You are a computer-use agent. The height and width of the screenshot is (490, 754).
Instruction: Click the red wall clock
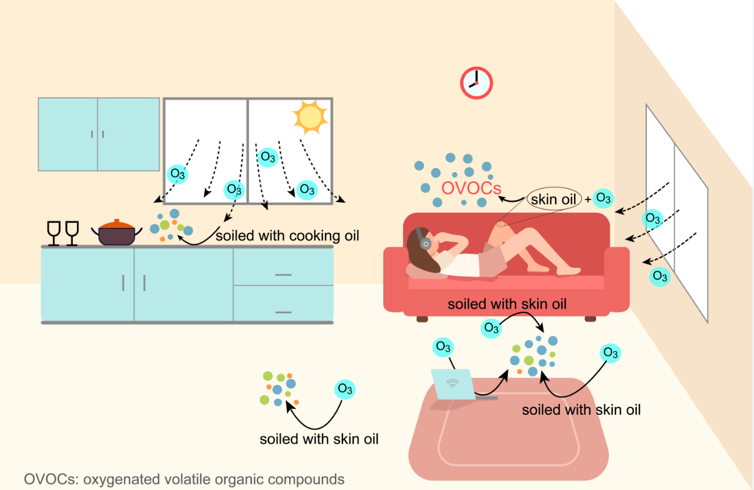[x=476, y=83]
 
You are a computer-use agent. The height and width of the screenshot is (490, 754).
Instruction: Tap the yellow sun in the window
[x=310, y=115]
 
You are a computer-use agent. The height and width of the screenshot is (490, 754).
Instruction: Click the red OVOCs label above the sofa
[x=471, y=188]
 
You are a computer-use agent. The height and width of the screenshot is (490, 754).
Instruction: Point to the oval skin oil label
[x=554, y=200]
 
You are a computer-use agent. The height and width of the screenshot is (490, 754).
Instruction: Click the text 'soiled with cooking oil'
[x=287, y=236]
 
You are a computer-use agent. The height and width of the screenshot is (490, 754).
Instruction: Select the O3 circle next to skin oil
[x=603, y=198]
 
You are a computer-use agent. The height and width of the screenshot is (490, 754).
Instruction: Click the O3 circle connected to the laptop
[x=443, y=347]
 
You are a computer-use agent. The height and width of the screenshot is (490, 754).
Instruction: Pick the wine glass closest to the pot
[x=72, y=232]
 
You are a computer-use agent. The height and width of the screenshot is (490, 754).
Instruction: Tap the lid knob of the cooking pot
[x=116, y=220]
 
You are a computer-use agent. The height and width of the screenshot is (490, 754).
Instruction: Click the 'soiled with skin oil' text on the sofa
[x=507, y=304]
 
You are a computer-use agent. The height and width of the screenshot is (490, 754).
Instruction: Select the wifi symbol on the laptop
[x=452, y=383]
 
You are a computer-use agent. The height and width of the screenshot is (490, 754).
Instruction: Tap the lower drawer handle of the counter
[x=283, y=312]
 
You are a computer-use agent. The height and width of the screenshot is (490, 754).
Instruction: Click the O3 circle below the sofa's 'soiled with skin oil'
[x=492, y=328]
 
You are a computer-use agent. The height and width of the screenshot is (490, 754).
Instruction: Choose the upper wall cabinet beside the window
[x=99, y=134]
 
